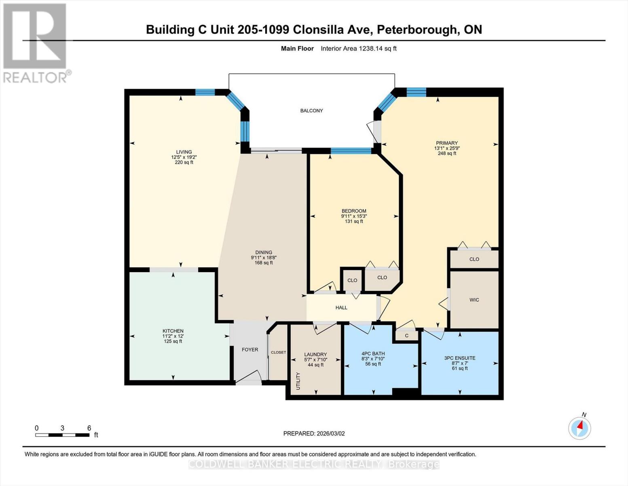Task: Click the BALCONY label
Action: [311, 111]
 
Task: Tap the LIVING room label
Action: [184, 152]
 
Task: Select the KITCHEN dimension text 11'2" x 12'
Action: [173, 336]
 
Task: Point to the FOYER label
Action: [250, 350]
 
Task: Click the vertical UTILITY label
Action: [298, 381]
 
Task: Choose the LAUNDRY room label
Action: [315, 354]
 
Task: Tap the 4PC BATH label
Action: [373, 354]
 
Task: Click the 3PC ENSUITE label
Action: [460, 358]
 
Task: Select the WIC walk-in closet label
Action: [474, 300]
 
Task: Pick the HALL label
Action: [341, 308]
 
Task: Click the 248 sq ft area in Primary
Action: [447, 153]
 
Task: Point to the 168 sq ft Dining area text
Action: [264, 263]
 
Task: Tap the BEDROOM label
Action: [354, 211]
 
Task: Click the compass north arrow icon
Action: [580, 427]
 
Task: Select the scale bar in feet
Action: [62, 435]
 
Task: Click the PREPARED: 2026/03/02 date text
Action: [314, 433]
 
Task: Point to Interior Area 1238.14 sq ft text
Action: [358, 49]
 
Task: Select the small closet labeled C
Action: [406, 336]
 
